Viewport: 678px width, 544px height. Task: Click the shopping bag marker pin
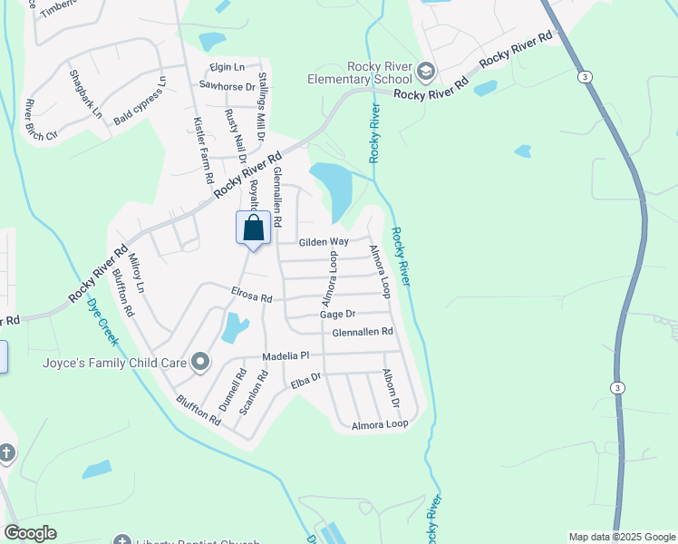coord(253,228)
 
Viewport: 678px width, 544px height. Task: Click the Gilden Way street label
coord(324,241)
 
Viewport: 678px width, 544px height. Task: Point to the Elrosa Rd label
coord(251,296)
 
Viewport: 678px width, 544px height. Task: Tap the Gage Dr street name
coord(335,314)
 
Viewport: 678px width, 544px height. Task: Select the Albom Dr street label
coord(391,387)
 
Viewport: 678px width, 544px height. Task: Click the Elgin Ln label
coord(227,67)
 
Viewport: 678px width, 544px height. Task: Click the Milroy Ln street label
coord(136,273)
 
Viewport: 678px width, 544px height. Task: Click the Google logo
coord(30,533)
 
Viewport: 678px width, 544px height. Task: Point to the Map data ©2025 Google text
coord(622,537)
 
